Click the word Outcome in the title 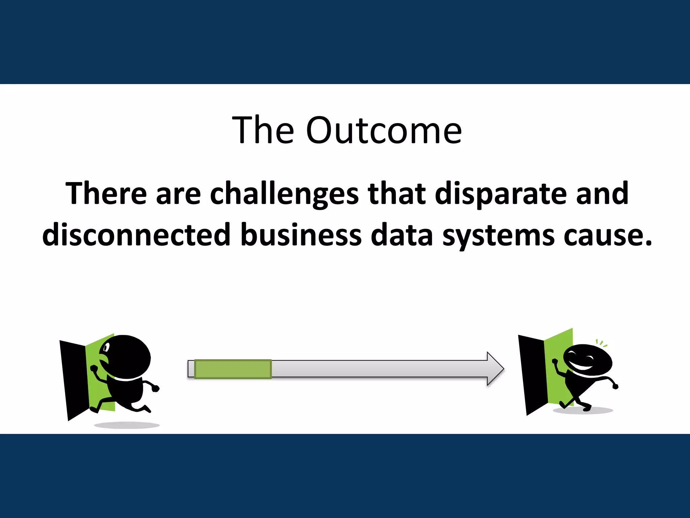384,131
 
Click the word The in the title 263,131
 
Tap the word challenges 284,194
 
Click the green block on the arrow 233,369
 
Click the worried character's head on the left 128,356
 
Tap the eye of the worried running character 107,347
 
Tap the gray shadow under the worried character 127,425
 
